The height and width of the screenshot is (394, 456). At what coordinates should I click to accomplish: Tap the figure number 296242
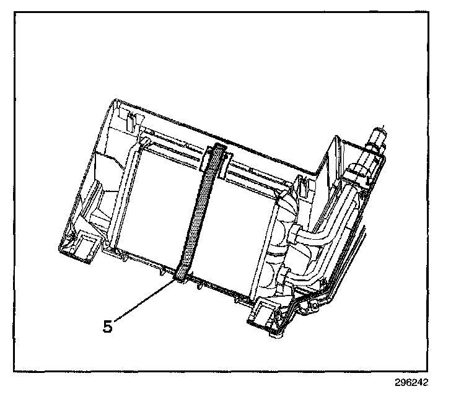pyautogui.click(x=410, y=383)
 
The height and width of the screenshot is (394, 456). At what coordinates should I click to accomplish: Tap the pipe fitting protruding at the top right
pyautogui.click(x=376, y=137)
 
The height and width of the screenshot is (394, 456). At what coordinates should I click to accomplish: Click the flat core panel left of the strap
pyautogui.click(x=158, y=204)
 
